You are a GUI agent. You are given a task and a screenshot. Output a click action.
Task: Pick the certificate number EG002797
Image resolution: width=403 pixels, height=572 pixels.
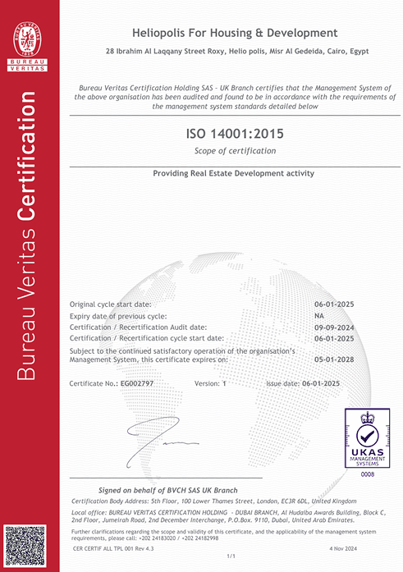click(x=137, y=383)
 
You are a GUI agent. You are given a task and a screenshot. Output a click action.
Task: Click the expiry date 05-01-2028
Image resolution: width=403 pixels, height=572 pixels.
click(x=333, y=359)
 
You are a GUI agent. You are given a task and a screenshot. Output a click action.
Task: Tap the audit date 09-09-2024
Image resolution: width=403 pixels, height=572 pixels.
click(x=333, y=327)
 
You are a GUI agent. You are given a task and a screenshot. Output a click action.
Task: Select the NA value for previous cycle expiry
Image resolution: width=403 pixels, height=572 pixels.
click(x=320, y=316)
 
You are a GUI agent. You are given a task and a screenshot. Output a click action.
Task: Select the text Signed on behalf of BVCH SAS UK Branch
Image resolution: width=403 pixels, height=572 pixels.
click(x=167, y=488)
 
